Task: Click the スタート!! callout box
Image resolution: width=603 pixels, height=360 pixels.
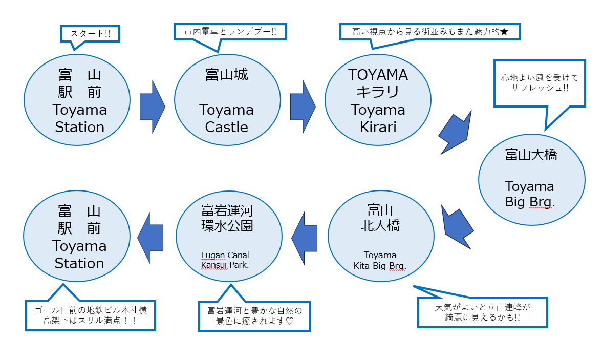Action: pyautogui.click(x=90, y=34)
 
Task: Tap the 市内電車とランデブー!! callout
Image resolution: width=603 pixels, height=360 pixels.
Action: pyautogui.click(x=230, y=31)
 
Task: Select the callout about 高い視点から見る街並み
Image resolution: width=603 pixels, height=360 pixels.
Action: pyautogui.click(x=430, y=31)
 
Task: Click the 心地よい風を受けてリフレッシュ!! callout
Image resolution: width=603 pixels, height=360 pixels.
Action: pyautogui.click(x=540, y=83)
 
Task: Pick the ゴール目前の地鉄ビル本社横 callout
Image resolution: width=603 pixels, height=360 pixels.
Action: pyautogui.click(x=90, y=315)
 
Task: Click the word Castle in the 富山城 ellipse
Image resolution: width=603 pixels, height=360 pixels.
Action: pyautogui.click(x=226, y=127)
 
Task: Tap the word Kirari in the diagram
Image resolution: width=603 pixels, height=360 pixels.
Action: pyautogui.click(x=378, y=127)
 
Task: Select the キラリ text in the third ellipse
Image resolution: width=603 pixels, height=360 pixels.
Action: pyautogui.click(x=378, y=93)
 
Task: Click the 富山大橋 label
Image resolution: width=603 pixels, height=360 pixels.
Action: pyautogui.click(x=531, y=155)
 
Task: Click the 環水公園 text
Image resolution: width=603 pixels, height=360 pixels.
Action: pyautogui.click(x=227, y=225)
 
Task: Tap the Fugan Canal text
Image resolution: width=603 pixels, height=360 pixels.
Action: pyautogui.click(x=225, y=255)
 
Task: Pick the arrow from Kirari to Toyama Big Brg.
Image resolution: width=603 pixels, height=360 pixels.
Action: pyautogui.click(x=456, y=132)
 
